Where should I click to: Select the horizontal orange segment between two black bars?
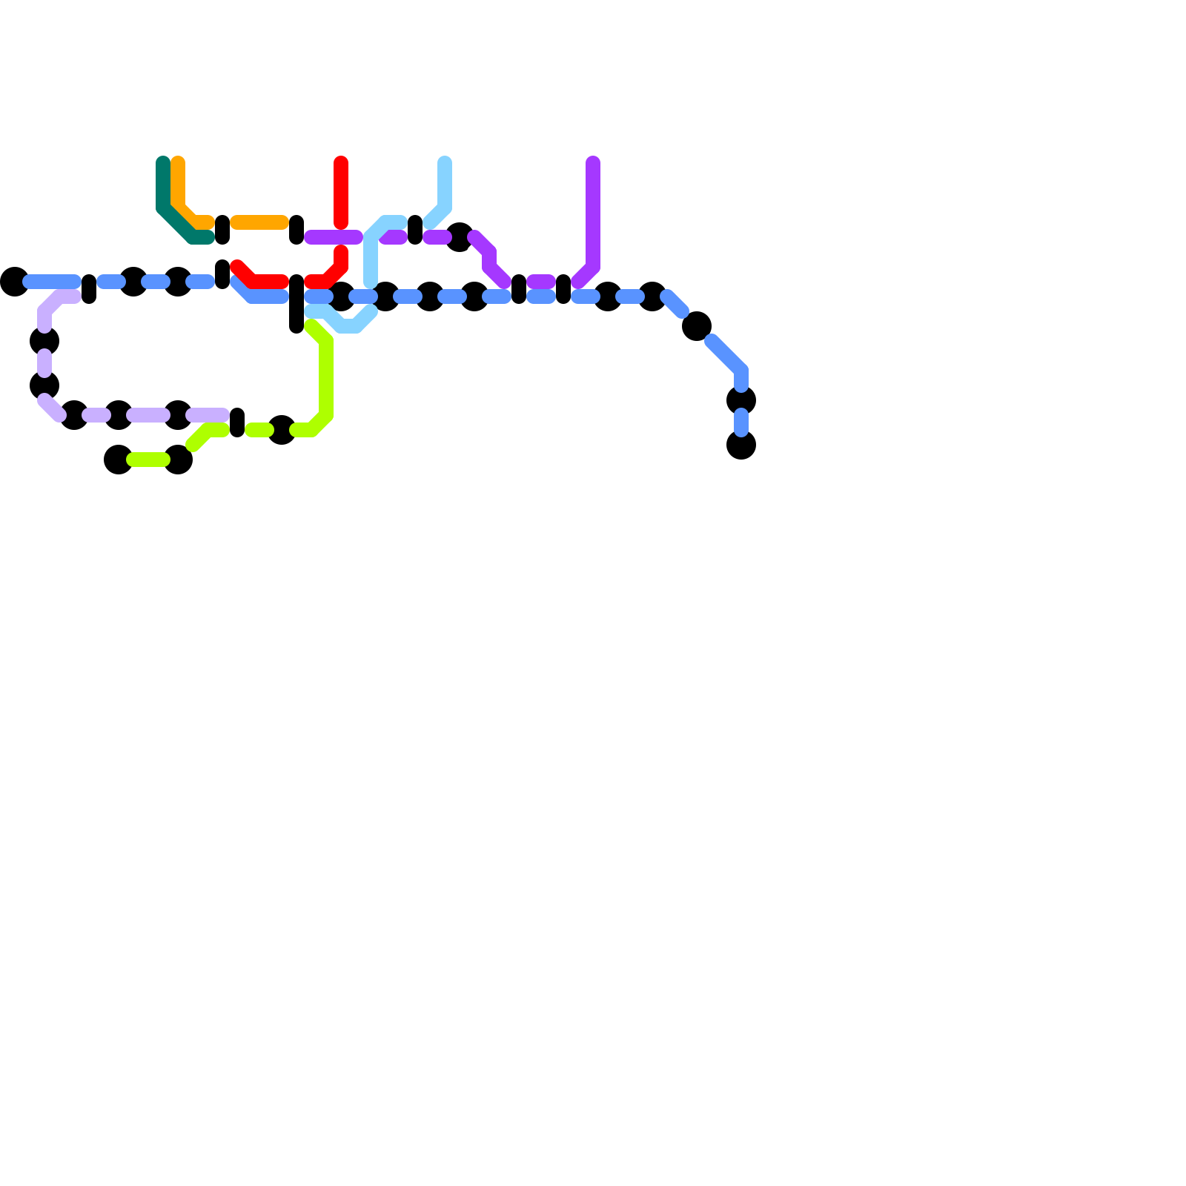click(259, 222)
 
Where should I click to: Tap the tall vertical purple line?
click(593, 215)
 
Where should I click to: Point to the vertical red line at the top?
click(341, 193)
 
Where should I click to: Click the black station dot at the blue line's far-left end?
click(15, 282)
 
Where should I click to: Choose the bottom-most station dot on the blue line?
click(741, 445)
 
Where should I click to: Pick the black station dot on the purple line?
click(460, 237)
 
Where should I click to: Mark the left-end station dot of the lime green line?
click(119, 460)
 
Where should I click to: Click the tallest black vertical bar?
click(296, 304)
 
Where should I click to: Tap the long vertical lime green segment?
click(326, 378)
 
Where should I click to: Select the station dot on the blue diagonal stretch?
click(697, 326)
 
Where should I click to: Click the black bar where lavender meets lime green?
click(237, 423)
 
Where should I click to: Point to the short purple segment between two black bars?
click(541, 282)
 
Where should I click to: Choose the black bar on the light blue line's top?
click(415, 230)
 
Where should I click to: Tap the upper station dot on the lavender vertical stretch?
click(44, 341)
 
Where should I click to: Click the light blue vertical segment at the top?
click(445, 185)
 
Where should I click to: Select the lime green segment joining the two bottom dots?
click(148, 460)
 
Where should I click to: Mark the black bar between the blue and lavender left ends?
click(89, 289)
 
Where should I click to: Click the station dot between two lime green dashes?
click(282, 430)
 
